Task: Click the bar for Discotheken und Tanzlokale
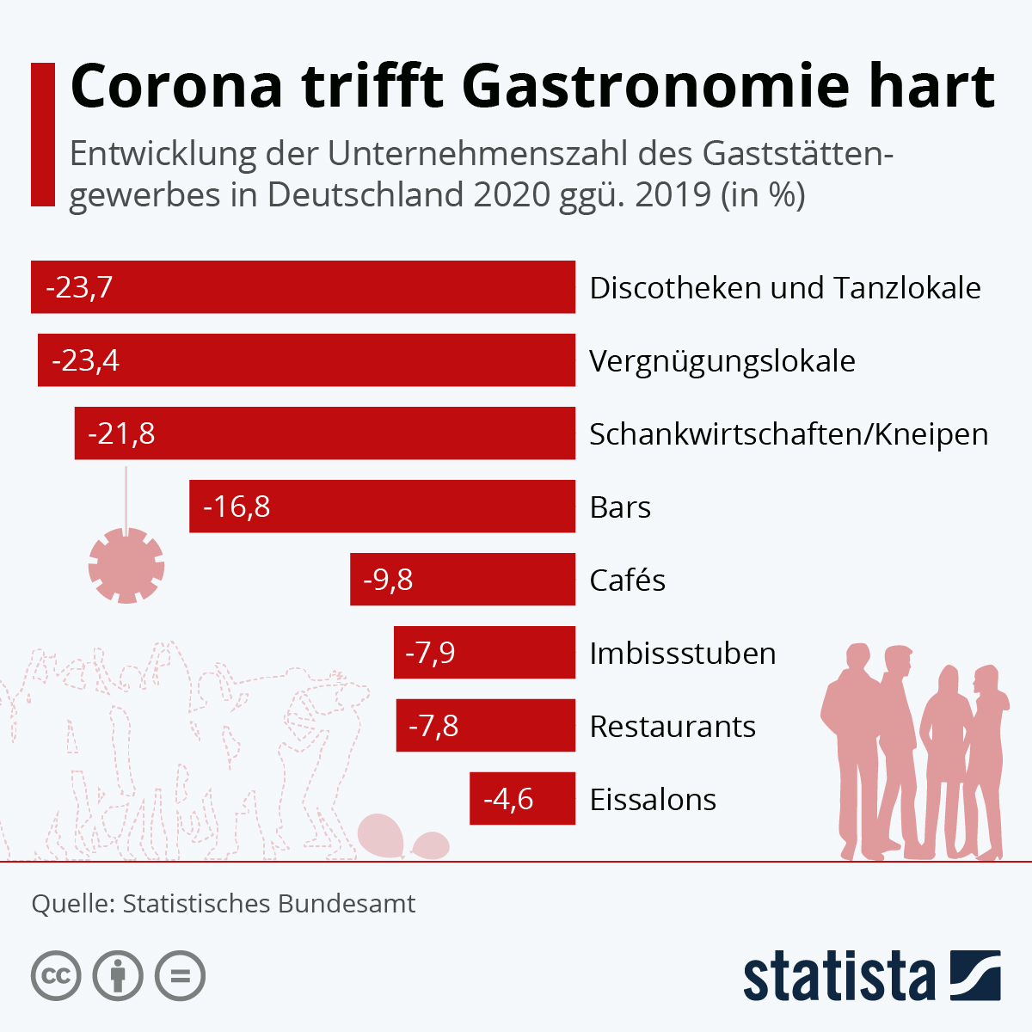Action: pos(303,287)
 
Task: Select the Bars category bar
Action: pos(382,507)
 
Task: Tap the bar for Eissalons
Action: pos(522,799)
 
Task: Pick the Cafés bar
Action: pos(463,580)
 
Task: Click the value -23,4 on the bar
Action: pos(85,360)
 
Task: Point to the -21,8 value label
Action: pos(121,433)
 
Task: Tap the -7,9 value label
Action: pos(430,653)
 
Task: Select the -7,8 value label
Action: pos(433,726)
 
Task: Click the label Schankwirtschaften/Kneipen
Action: pos(789,434)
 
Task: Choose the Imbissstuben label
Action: pos(683,654)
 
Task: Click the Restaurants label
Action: pos(673,727)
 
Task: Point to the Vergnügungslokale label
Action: pos(722,361)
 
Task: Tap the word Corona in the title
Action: pos(176,86)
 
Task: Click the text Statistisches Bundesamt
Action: pos(268,904)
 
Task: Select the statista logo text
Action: pos(838,977)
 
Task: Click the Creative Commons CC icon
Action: pos(56,976)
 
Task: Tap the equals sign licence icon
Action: pos(180,976)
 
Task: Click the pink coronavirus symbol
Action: pos(126,566)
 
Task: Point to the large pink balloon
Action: pos(381,834)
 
